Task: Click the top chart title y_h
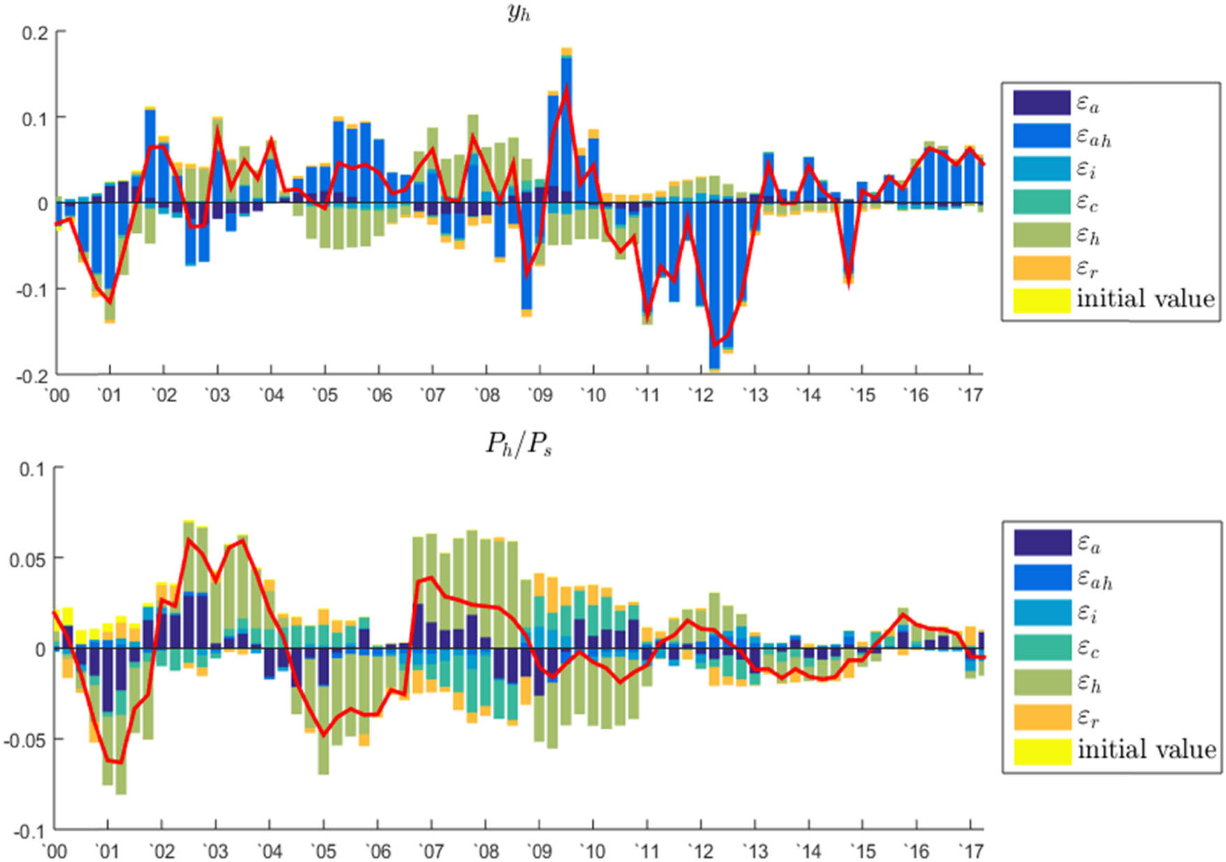click(x=519, y=13)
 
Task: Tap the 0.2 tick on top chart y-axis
click(x=34, y=33)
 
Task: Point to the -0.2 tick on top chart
click(x=32, y=375)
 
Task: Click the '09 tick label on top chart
click(x=539, y=396)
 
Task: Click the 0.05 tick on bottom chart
click(x=26, y=559)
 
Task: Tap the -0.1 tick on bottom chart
click(x=29, y=831)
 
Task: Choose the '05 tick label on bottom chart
click(x=323, y=851)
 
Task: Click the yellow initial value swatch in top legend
click(x=1041, y=300)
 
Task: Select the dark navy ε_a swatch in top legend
click(x=1041, y=103)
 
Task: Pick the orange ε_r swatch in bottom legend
click(x=1042, y=717)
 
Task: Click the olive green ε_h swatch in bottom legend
click(x=1042, y=682)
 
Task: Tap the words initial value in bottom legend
click(x=1146, y=749)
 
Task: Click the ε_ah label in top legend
click(x=1093, y=137)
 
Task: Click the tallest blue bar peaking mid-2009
click(x=567, y=126)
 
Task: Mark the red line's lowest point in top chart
click(x=714, y=345)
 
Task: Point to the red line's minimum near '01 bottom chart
click(x=120, y=762)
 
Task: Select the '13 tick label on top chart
click(x=755, y=396)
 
